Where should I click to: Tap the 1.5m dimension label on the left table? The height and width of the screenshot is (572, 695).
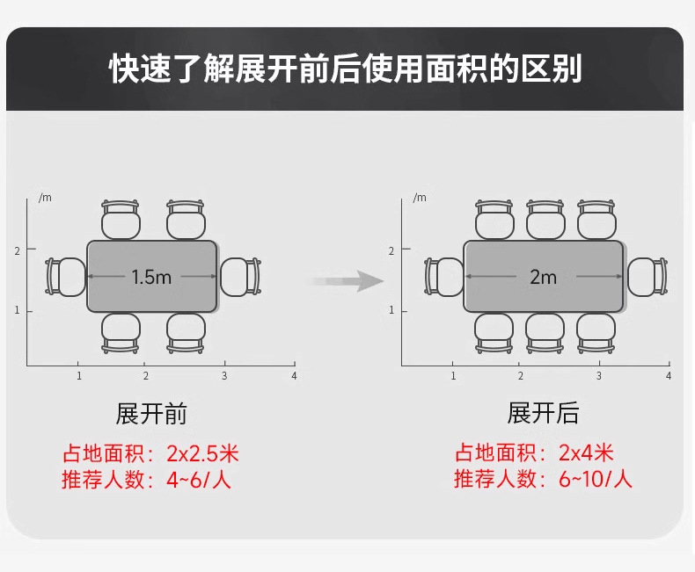click(151, 277)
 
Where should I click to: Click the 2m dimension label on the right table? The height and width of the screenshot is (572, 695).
click(543, 277)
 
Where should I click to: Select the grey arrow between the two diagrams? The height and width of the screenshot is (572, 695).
click(350, 281)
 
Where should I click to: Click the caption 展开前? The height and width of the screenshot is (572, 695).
click(151, 414)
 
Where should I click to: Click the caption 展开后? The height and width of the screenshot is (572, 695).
click(543, 414)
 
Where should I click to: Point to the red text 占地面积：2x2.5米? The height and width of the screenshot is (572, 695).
click(150, 454)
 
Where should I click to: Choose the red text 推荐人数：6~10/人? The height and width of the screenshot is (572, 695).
click(543, 480)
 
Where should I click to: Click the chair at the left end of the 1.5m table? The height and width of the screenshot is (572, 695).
click(65, 277)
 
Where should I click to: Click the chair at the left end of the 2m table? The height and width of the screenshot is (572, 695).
click(444, 277)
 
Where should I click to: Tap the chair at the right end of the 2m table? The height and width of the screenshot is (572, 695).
click(646, 277)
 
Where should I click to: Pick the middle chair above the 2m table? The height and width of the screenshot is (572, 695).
click(545, 220)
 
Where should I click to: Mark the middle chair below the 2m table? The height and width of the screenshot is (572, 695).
click(545, 333)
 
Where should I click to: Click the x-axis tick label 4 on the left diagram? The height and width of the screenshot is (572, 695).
click(294, 376)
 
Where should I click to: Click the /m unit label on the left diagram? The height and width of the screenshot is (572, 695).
click(45, 197)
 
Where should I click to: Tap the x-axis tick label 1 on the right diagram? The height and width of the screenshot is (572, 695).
click(453, 376)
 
